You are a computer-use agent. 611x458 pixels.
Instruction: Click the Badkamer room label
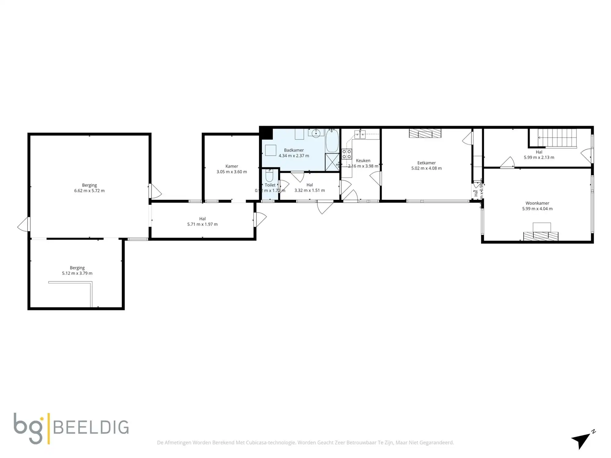(x=294, y=150)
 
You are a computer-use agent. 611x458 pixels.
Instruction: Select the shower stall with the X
(x=332, y=162)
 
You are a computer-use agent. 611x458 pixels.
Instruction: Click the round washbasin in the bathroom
(x=316, y=133)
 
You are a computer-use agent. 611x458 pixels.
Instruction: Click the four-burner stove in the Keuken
(x=346, y=154)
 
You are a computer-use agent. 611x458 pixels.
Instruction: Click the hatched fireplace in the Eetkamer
(x=425, y=133)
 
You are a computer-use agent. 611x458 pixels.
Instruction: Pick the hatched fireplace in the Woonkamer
(x=540, y=236)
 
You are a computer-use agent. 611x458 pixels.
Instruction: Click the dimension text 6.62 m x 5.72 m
(x=89, y=191)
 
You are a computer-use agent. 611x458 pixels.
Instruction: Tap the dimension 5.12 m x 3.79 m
(x=77, y=273)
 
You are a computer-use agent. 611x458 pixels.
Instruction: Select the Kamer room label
(x=232, y=166)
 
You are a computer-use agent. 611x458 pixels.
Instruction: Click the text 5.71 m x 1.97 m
(x=202, y=224)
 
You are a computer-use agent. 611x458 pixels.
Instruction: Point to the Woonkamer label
(x=537, y=203)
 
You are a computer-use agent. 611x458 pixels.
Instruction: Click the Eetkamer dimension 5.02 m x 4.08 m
(x=426, y=168)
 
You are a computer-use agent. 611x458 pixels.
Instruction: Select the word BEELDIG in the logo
(x=91, y=427)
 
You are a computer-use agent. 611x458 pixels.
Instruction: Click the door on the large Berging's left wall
(x=24, y=224)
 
